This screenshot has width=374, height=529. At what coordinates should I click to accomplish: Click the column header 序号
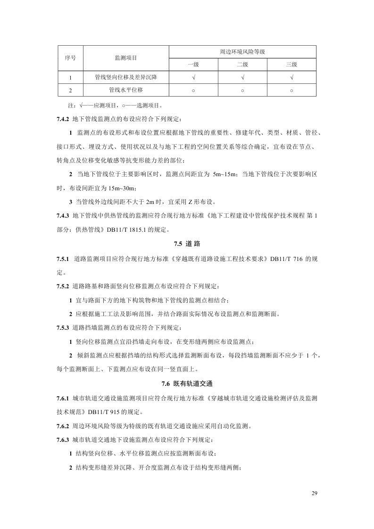(70, 57)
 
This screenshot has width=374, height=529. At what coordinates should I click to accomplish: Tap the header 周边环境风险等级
(242, 51)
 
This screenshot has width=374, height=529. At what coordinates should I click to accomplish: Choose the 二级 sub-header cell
(242, 64)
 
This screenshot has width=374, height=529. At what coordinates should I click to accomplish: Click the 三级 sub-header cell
(291, 64)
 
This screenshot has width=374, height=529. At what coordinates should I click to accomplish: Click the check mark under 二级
(242, 77)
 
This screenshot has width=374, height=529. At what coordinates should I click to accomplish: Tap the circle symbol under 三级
(291, 90)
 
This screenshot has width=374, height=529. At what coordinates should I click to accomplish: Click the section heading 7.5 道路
(187, 244)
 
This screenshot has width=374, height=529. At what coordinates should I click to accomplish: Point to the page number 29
(315, 493)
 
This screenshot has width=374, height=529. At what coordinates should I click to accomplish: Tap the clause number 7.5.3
(63, 327)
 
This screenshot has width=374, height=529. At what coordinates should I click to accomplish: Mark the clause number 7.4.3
(63, 216)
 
